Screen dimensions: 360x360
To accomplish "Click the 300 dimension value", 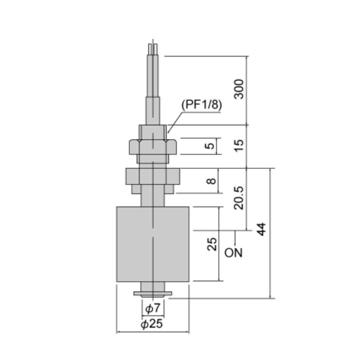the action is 239,89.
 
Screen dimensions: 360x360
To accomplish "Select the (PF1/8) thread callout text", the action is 202,104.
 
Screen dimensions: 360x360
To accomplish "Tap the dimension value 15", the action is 239,145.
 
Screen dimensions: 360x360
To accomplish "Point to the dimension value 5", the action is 209,146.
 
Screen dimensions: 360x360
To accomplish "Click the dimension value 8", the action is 211,181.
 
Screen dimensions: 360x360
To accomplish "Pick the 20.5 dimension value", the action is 239,198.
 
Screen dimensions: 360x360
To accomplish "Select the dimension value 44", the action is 261,229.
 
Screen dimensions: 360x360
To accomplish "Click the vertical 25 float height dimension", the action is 212,244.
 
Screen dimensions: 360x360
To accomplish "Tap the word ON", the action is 233,253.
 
